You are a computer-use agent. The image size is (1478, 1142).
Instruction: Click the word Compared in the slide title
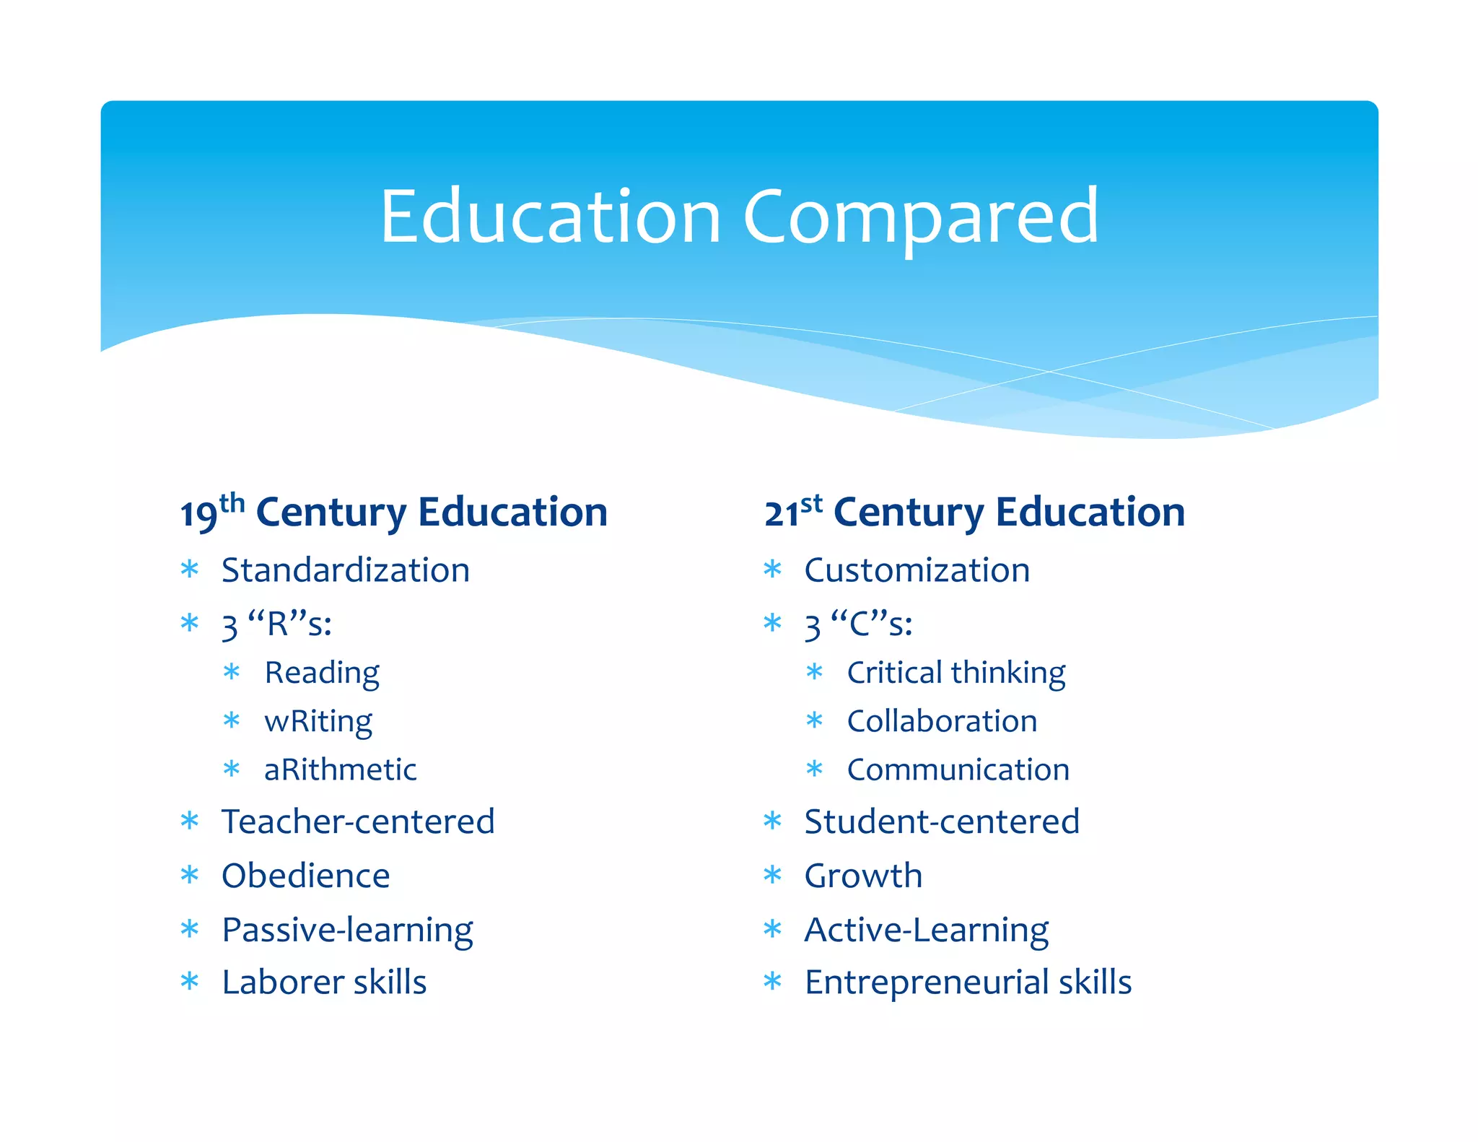(x=921, y=217)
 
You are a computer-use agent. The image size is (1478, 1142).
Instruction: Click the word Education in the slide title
(x=550, y=217)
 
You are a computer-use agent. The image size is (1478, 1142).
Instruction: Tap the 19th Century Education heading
(x=393, y=513)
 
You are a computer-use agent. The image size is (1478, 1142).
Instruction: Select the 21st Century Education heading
(x=974, y=513)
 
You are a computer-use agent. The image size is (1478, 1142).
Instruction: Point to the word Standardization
(x=346, y=570)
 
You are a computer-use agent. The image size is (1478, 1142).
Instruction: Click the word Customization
(x=917, y=570)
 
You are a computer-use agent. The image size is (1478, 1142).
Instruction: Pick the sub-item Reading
(x=322, y=673)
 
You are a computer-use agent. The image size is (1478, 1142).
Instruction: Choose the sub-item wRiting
(x=318, y=721)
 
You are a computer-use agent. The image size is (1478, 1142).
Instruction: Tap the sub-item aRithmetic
(x=341, y=770)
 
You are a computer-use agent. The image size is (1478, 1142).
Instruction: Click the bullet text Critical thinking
(x=956, y=673)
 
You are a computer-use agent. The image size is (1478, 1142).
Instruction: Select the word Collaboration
(x=943, y=721)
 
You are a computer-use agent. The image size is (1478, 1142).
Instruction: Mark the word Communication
(x=958, y=770)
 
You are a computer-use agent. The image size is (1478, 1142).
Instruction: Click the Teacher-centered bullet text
(x=358, y=821)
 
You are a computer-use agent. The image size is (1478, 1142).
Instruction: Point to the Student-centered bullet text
(x=942, y=821)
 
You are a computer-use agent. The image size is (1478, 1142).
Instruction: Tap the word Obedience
(x=306, y=876)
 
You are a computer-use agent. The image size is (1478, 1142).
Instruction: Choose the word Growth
(x=863, y=876)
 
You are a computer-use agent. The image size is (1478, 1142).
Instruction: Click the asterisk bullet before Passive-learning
(x=190, y=929)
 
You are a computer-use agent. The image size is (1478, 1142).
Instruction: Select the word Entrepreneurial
(x=927, y=982)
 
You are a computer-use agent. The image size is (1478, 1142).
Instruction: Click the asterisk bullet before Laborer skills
(x=190, y=982)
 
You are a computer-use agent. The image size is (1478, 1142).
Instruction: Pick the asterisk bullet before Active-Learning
(x=773, y=929)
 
